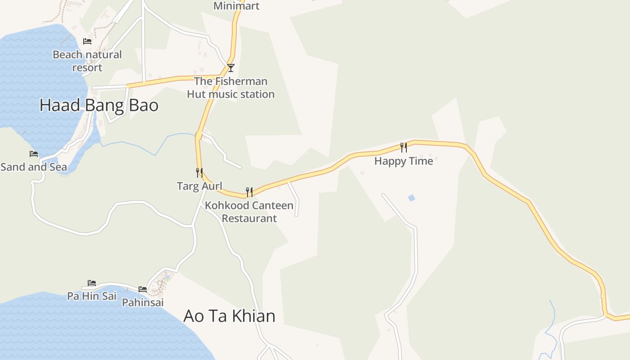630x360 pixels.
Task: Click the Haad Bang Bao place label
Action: pyautogui.click(x=99, y=105)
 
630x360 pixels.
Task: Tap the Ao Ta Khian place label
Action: pyautogui.click(x=229, y=316)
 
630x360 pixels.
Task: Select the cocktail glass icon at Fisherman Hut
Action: pyautogui.click(x=231, y=68)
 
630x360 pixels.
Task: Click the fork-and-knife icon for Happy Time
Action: pyautogui.click(x=404, y=148)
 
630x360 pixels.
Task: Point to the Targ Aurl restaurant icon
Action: pyautogui.click(x=199, y=172)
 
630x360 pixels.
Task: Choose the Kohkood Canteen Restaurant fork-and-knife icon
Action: pyautogui.click(x=249, y=192)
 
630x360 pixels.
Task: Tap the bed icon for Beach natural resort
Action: pyautogui.click(x=87, y=41)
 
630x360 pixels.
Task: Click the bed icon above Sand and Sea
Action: pyautogui.click(x=34, y=154)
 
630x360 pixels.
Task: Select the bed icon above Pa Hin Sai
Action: pyautogui.click(x=92, y=283)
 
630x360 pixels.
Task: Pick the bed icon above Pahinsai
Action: pyautogui.click(x=143, y=289)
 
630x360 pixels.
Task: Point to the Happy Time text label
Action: pyautogui.click(x=404, y=161)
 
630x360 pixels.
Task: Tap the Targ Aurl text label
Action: pyautogui.click(x=199, y=186)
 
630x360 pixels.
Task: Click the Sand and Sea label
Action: pyautogui.click(x=34, y=167)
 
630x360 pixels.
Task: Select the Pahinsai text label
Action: pyautogui.click(x=143, y=302)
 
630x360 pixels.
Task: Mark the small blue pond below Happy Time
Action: pyautogui.click(x=411, y=198)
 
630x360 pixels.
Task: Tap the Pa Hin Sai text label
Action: pyautogui.click(x=92, y=296)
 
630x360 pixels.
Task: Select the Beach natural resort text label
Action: pyautogui.click(x=87, y=61)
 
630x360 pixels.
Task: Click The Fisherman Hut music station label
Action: pyautogui.click(x=231, y=88)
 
